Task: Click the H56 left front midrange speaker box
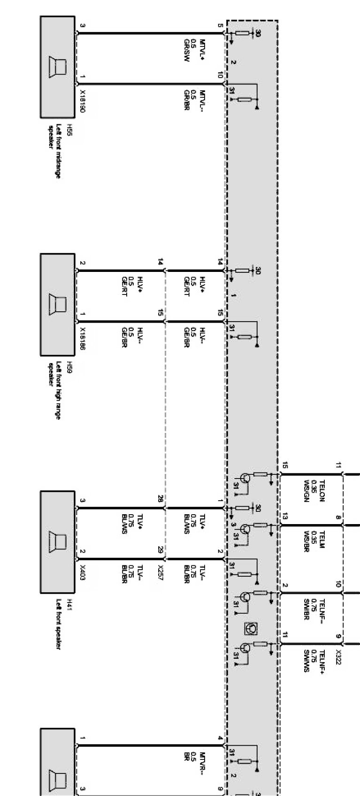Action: point(57,67)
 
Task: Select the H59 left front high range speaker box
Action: point(57,304)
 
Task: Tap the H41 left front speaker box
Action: point(57,541)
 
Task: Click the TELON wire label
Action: point(322,490)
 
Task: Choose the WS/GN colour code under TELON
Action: point(306,491)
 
